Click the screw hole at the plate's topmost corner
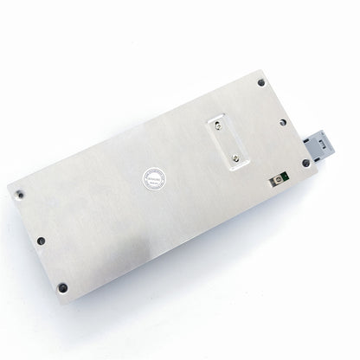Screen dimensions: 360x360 pyautogui.click(x=260, y=83)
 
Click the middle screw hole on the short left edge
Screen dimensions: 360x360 pyautogui.click(x=41, y=241)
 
